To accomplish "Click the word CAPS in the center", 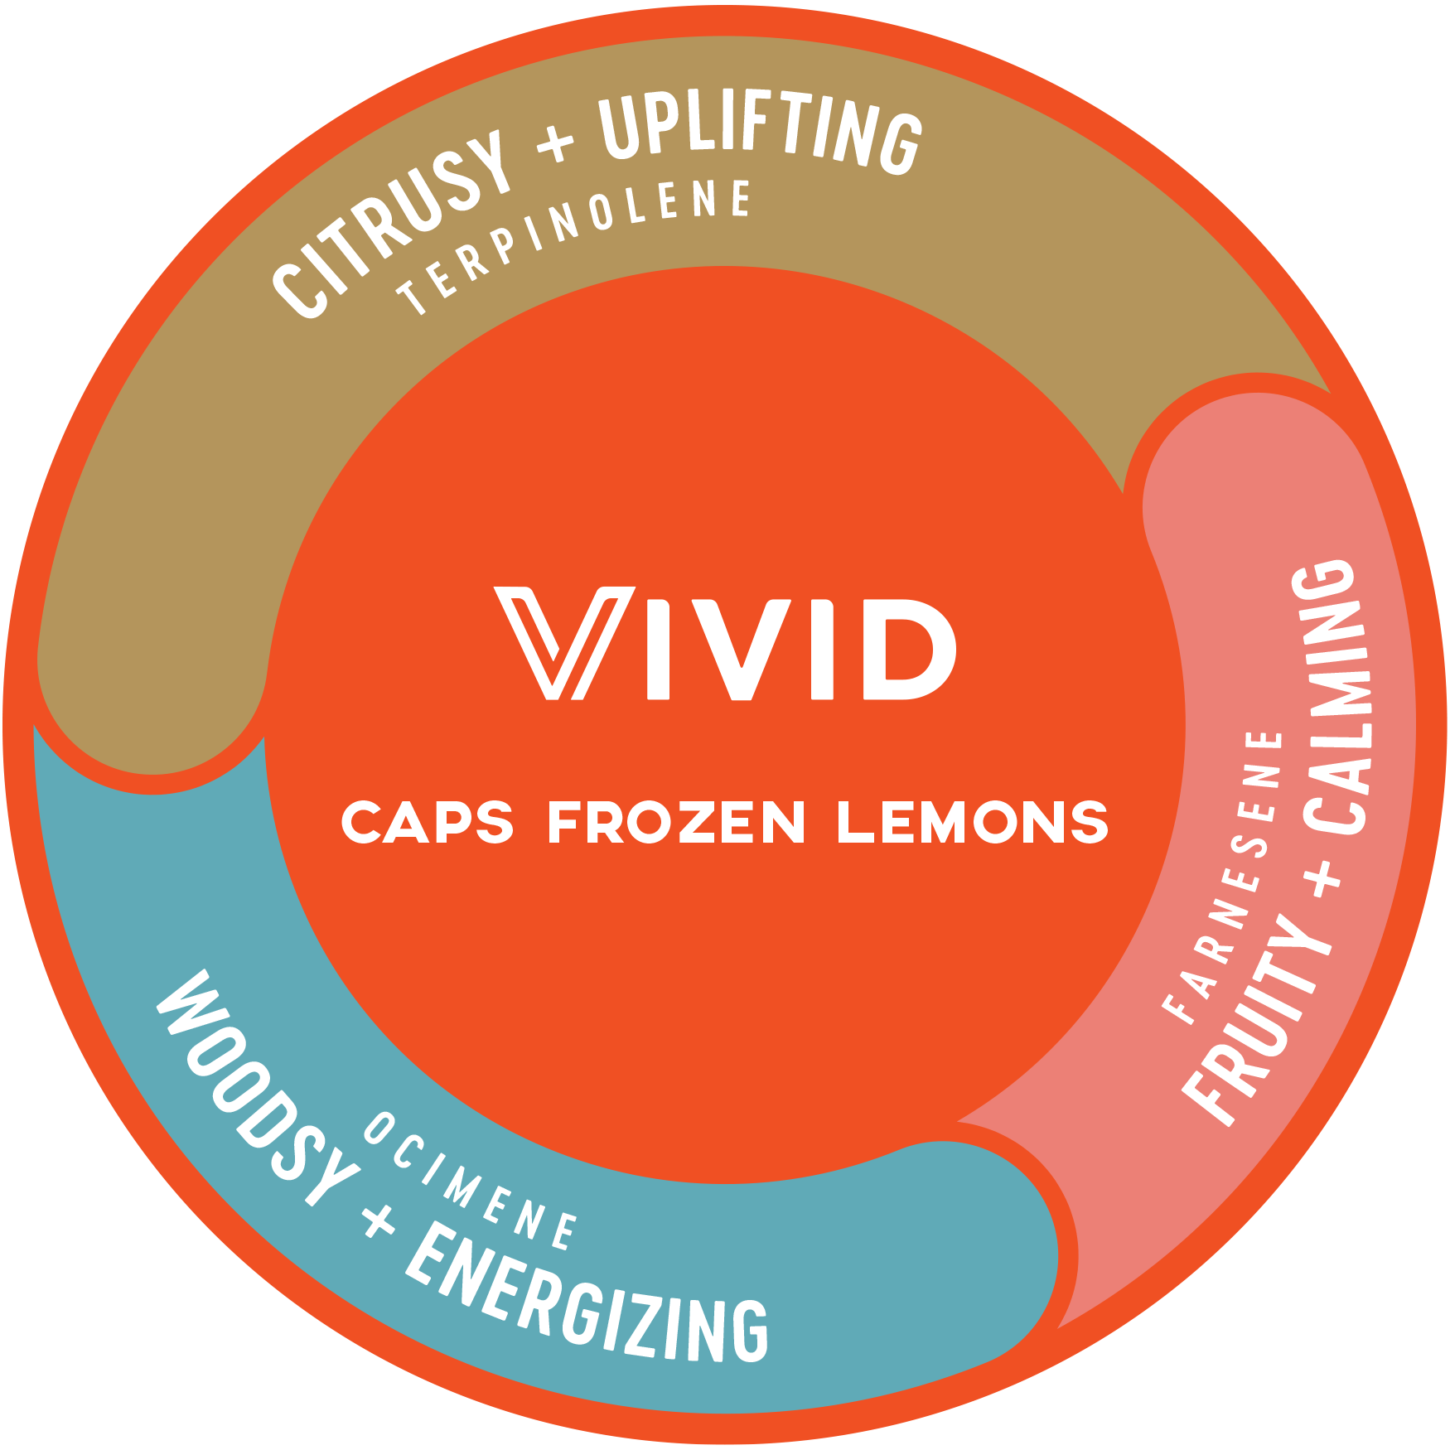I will click(428, 822).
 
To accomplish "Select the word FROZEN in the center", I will click(676, 822).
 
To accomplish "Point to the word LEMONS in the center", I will click(972, 822).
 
